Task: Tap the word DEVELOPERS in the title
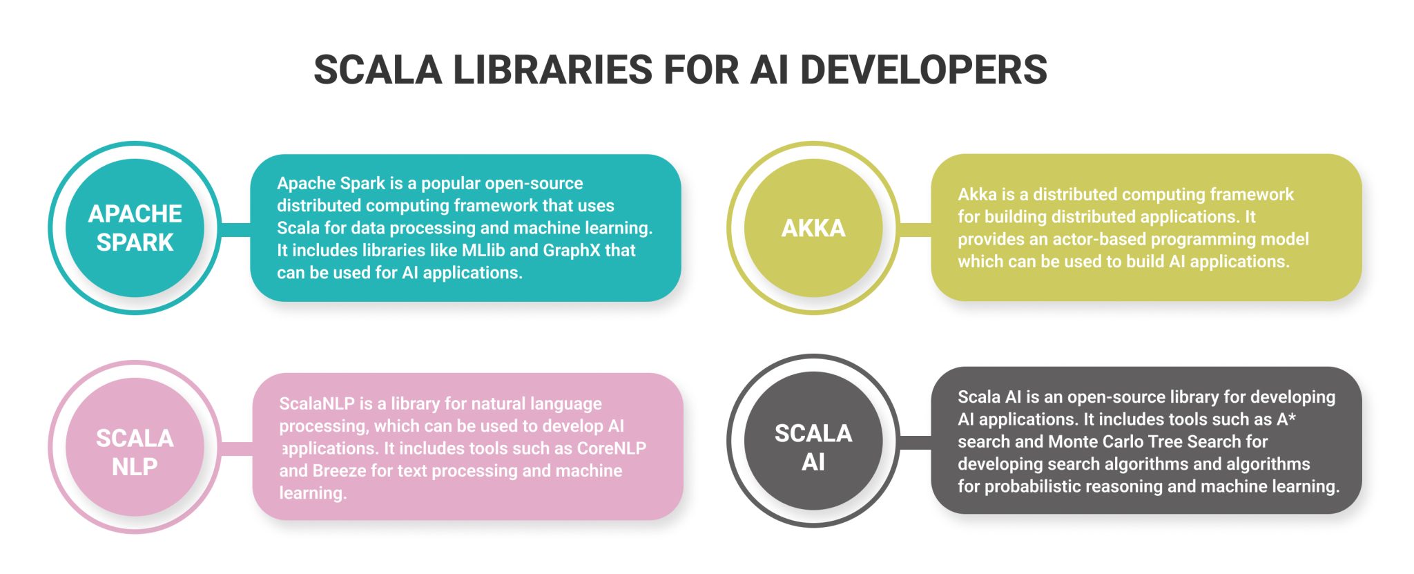[923, 70]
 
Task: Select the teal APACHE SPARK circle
[135, 228]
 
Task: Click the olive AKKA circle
[813, 228]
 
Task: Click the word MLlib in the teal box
[483, 250]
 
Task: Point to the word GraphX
[572, 250]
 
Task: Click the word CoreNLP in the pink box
[612, 448]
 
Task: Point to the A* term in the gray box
[1286, 419]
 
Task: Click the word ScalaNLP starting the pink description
[316, 403]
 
